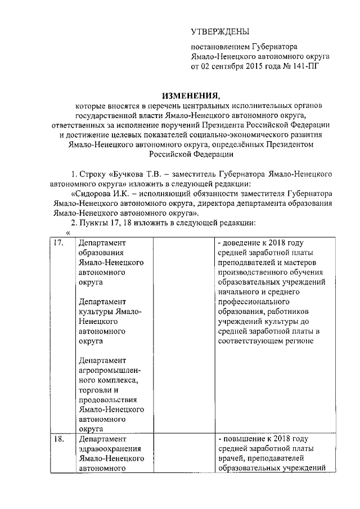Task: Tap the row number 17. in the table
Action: click(x=57, y=243)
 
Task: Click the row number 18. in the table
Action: click(x=57, y=439)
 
